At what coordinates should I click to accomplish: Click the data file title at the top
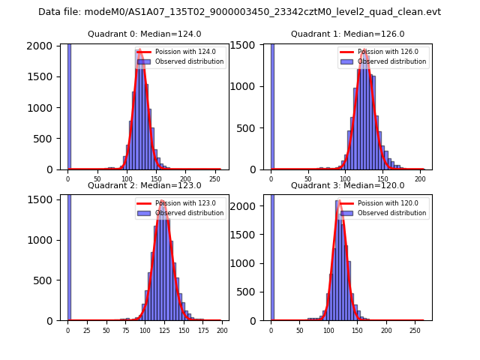(x=239, y=12)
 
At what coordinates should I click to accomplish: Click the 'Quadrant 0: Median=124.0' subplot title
(x=144, y=34)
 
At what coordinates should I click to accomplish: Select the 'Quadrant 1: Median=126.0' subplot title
(x=347, y=34)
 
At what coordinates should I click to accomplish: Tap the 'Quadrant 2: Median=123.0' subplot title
(x=144, y=185)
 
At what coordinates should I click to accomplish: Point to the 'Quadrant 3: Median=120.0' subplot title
(x=347, y=185)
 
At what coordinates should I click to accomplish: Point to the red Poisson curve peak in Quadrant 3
(x=338, y=202)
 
